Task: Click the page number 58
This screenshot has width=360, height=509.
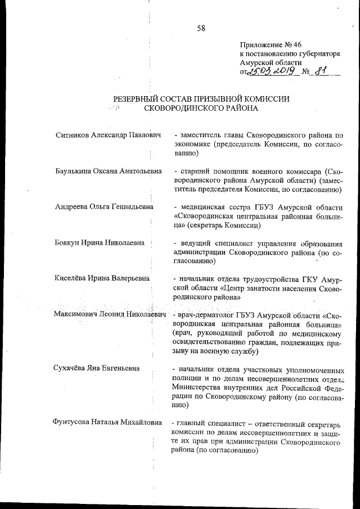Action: pyautogui.click(x=201, y=29)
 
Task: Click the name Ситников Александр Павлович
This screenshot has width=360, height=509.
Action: pyautogui.click(x=109, y=136)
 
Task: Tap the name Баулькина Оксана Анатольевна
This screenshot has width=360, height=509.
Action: pyautogui.click(x=109, y=171)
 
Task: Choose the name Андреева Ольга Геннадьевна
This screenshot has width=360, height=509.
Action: pyautogui.click(x=104, y=206)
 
